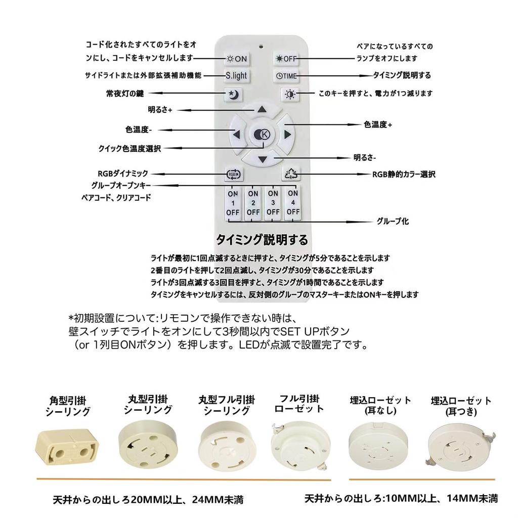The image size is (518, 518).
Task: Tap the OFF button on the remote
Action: tap(286, 58)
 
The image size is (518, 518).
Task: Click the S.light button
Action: tap(236, 76)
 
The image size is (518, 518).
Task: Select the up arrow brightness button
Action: tap(262, 109)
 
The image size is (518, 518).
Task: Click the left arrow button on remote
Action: tap(236, 135)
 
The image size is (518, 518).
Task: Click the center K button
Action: tap(262, 135)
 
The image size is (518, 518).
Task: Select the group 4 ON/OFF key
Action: tap(293, 203)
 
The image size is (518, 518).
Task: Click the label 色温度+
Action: tap(378, 124)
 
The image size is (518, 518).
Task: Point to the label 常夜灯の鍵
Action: tap(121, 94)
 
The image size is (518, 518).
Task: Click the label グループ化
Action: tap(393, 221)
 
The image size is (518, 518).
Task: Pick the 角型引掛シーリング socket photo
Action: tap(66, 448)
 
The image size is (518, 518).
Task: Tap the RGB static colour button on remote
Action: tap(291, 175)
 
